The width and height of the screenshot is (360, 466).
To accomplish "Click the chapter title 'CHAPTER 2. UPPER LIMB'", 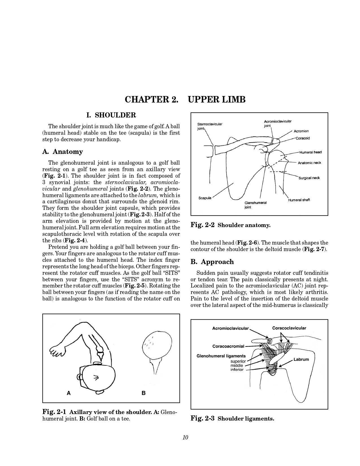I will (185, 100).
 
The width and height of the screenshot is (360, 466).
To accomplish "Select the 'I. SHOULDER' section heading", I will (111, 115).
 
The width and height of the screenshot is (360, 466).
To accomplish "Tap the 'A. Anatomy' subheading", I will (63, 152).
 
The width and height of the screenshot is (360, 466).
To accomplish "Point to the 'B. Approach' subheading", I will (212, 262).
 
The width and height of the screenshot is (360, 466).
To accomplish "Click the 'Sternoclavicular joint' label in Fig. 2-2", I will (210, 126).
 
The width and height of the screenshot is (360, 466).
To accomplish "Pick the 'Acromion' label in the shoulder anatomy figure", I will (301, 131).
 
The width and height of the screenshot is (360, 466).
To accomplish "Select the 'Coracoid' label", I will (303, 138).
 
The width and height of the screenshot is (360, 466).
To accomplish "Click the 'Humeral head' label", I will (311, 153).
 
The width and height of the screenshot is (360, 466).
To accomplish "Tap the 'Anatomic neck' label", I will (309, 163).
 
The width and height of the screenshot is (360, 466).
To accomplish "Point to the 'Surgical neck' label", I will (309, 178).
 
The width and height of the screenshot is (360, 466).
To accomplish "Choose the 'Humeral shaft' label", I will (299, 200).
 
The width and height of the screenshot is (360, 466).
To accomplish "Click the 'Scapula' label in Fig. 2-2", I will (205, 198).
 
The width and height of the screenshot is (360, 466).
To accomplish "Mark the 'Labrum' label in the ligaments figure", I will (301, 360).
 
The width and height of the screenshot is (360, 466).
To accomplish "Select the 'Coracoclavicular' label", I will (289, 328).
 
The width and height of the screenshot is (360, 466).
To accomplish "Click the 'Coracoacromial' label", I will (228, 346).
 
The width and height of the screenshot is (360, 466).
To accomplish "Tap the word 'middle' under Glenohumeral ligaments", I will (237, 365).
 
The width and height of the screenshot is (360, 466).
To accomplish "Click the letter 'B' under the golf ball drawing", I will (143, 393).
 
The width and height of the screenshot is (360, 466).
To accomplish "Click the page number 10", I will (185, 438).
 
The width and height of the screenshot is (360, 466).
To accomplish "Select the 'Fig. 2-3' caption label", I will (202, 418).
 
